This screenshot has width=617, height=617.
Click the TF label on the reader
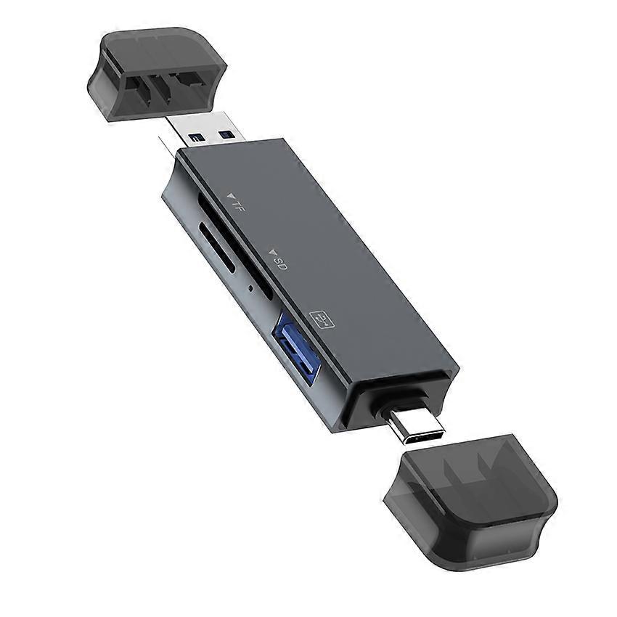(237, 204)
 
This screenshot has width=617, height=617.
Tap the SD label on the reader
(281, 263)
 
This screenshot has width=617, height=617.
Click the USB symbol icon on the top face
(320, 321)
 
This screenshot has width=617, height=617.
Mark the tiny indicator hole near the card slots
(250, 288)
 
